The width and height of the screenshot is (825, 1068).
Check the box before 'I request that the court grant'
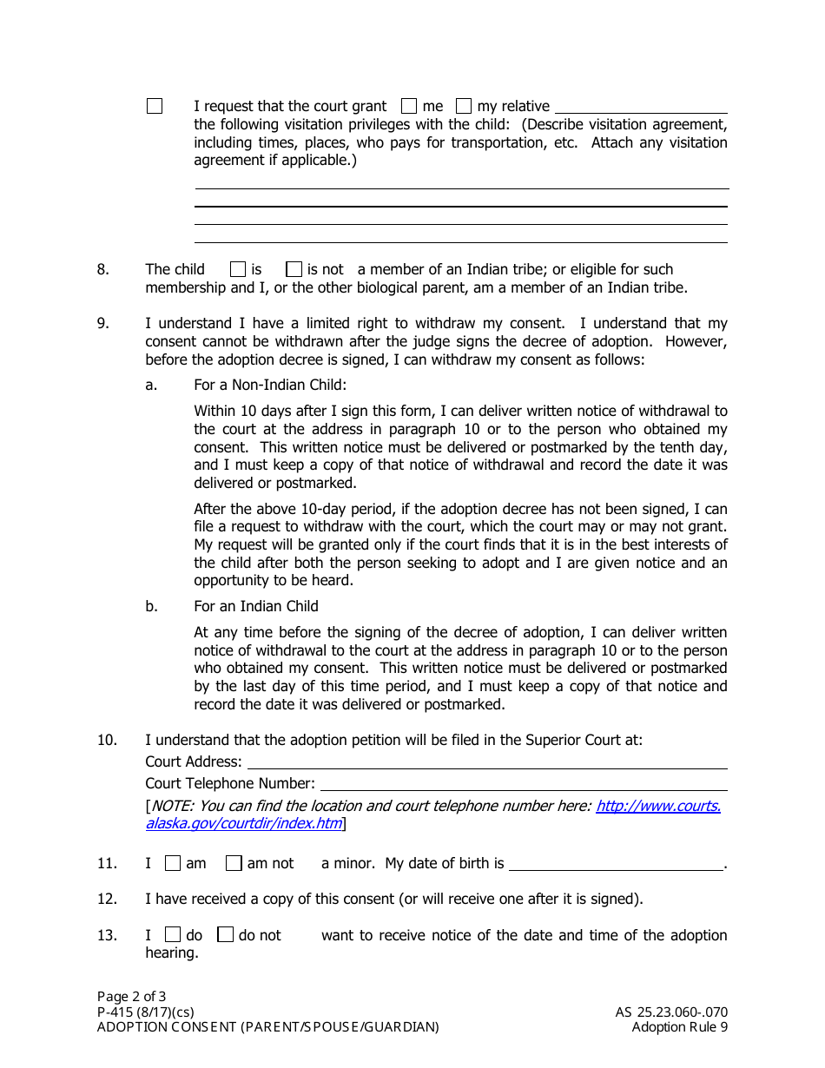(155, 106)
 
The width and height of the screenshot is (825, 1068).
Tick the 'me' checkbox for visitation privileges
(409, 106)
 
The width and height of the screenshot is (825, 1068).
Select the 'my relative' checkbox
(464, 106)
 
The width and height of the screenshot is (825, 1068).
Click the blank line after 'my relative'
(641, 108)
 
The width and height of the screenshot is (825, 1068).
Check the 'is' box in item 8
(238, 269)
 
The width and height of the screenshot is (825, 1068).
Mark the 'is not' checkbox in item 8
(294, 269)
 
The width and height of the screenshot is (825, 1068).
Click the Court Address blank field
(487, 762)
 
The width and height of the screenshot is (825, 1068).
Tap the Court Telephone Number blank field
(524, 784)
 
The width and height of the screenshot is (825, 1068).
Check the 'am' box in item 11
(173, 863)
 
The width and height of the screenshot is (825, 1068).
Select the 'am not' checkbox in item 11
(234, 863)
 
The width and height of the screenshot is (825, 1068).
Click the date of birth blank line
(616, 865)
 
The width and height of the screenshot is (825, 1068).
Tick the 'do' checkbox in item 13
(173, 935)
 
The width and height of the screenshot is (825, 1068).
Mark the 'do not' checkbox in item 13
(226, 935)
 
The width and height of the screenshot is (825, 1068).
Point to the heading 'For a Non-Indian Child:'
(269, 385)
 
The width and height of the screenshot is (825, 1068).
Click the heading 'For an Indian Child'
(256, 606)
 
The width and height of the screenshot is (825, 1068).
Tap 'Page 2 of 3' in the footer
(131, 997)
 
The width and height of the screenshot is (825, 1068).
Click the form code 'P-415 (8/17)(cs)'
(145, 1012)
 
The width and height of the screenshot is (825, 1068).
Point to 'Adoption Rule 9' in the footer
(680, 1027)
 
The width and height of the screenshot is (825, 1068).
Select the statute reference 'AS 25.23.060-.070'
(671, 1012)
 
